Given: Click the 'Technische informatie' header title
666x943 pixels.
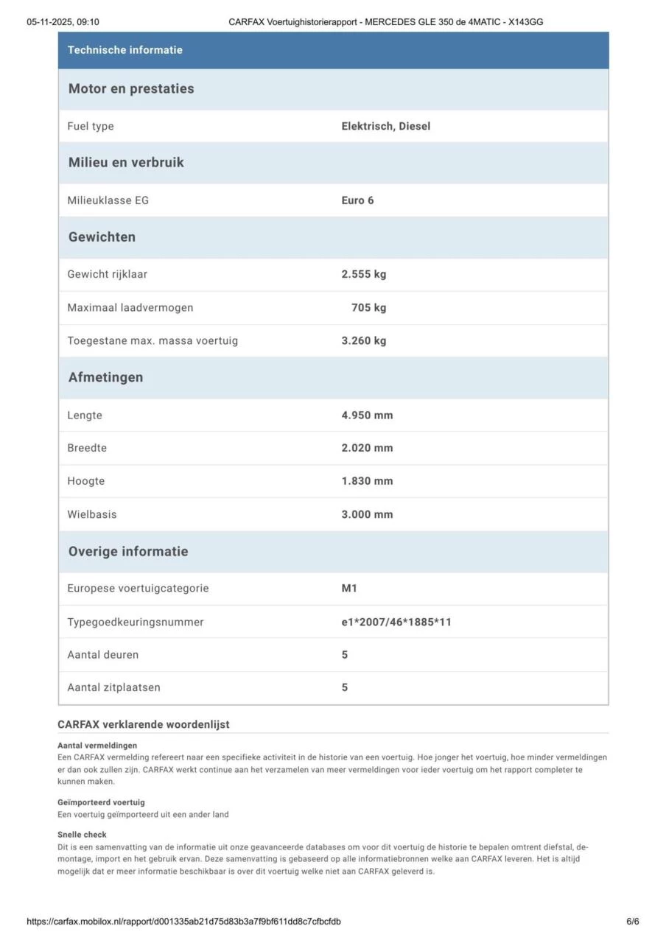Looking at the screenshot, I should pos(125,50).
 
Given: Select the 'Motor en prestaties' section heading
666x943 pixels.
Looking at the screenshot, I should pos(131,89).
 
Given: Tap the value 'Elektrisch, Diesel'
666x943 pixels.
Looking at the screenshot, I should pos(385,126).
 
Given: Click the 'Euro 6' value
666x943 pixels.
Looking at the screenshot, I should pos(357,200).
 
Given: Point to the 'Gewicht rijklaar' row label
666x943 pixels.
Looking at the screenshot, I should pos(107,274).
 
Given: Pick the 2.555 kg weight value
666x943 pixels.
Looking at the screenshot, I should pos(363,274).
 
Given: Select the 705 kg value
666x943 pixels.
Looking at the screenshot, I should pos(368,307).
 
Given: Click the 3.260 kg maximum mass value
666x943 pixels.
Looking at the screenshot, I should pos(363,340).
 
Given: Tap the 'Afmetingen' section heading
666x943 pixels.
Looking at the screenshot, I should pos(105,377).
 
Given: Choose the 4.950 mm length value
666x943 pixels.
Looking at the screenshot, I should pos(367,415).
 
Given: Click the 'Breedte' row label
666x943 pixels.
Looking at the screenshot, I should pos(87,448).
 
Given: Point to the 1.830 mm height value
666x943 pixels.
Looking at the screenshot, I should pos(367,481).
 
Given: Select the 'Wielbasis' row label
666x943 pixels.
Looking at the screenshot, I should pos(91,514).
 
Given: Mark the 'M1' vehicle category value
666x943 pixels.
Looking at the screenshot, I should pos(349,588).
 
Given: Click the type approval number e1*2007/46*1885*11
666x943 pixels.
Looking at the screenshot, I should pos(396,622).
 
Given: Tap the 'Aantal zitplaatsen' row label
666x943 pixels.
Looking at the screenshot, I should pos(113,687).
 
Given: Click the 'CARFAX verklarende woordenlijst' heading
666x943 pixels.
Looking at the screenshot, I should pos(143,724).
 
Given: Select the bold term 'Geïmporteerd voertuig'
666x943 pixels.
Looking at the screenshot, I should pos(101,802).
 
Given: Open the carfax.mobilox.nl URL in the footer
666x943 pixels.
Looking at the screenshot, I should pos(183,921).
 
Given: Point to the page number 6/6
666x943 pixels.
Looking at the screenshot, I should pos(632,921).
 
